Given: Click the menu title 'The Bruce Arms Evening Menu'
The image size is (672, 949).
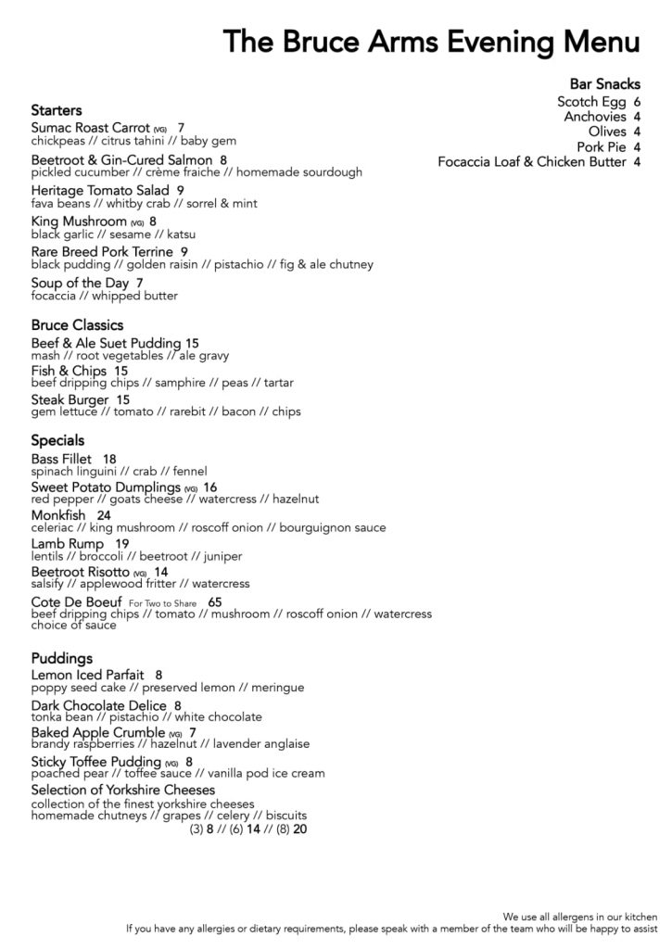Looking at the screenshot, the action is pyautogui.click(x=431, y=43).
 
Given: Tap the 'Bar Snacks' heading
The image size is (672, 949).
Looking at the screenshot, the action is pyautogui.click(x=604, y=84).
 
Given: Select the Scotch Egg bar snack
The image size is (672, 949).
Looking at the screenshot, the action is pyautogui.click(x=591, y=102).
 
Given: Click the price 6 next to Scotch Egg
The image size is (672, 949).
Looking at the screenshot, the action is pyautogui.click(x=638, y=102).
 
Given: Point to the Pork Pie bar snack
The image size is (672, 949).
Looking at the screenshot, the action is pyautogui.click(x=602, y=147).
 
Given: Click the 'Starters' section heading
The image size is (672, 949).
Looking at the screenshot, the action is pyautogui.click(x=57, y=110).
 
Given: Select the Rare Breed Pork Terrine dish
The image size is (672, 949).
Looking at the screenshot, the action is pyautogui.click(x=102, y=251).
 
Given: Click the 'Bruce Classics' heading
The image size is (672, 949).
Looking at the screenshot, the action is pyautogui.click(x=77, y=325).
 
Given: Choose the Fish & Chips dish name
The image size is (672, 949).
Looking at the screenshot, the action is pyautogui.click(x=69, y=372).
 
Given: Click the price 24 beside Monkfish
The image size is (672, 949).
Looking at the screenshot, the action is pyautogui.click(x=104, y=515).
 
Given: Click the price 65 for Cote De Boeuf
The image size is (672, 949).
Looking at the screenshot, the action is pyautogui.click(x=215, y=601).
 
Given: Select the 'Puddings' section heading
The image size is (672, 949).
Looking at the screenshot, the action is pyautogui.click(x=62, y=659).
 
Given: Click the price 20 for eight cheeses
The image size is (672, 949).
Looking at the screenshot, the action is pyautogui.click(x=299, y=829).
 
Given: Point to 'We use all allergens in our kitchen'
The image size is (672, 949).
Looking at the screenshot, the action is pyautogui.click(x=580, y=916).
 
